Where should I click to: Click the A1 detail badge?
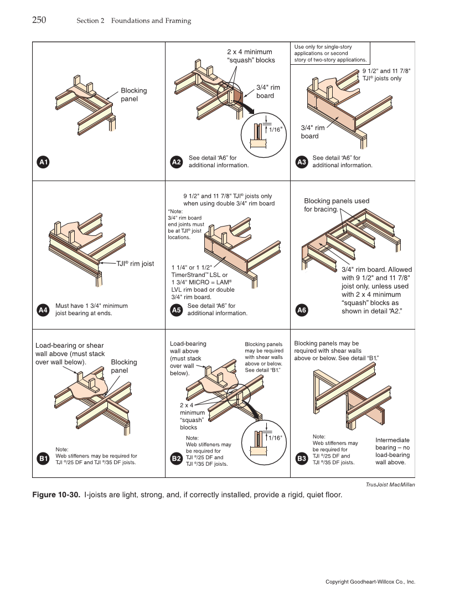[x=43, y=162]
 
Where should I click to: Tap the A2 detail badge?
[x=176, y=162]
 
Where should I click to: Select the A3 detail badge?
[x=302, y=162]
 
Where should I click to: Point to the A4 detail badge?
[x=43, y=310]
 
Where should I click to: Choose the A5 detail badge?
[x=176, y=310]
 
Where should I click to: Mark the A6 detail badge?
[x=302, y=310]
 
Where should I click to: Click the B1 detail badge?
[x=43, y=459]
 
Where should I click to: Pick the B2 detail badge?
[x=176, y=459]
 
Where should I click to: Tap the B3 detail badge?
[x=302, y=459]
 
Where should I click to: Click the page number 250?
[x=39, y=20]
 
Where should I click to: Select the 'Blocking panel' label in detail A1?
[x=133, y=95]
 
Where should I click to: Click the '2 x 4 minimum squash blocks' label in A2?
[x=251, y=56]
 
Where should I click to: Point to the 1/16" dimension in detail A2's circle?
[x=275, y=129]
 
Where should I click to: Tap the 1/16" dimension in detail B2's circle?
[x=275, y=438]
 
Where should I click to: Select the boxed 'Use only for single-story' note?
[x=330, y=53]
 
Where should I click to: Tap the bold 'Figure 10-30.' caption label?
[x=57, y=495]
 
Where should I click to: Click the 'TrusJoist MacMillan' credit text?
[x=390, y=485]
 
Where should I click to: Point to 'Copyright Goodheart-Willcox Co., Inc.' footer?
[x=370, y=582]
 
